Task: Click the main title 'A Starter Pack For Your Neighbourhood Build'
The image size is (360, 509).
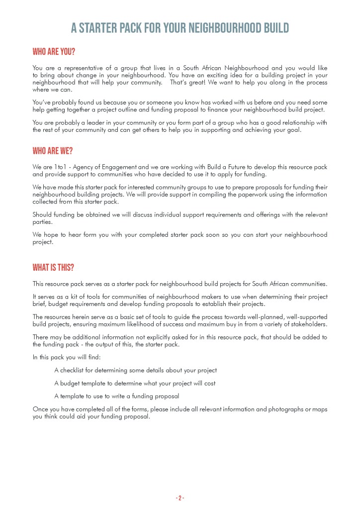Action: click(180, 28)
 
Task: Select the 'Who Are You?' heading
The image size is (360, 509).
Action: click(54, 52)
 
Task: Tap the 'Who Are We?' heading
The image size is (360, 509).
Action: click(52, 151)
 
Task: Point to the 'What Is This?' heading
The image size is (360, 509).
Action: click(53, 268)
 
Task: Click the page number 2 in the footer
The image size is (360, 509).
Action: click(180, 498)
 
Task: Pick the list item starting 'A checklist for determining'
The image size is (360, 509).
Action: click(135, 370)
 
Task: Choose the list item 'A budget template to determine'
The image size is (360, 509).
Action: click(135, 383)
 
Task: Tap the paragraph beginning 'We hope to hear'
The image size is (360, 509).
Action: click(180, 238)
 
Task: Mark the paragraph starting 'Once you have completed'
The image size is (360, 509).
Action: click(180, 412)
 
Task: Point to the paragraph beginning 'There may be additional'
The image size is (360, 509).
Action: click(180, 340)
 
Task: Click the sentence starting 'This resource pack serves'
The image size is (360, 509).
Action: click(180, 284)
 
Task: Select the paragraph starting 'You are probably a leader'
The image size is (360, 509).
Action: click(180, 126)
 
